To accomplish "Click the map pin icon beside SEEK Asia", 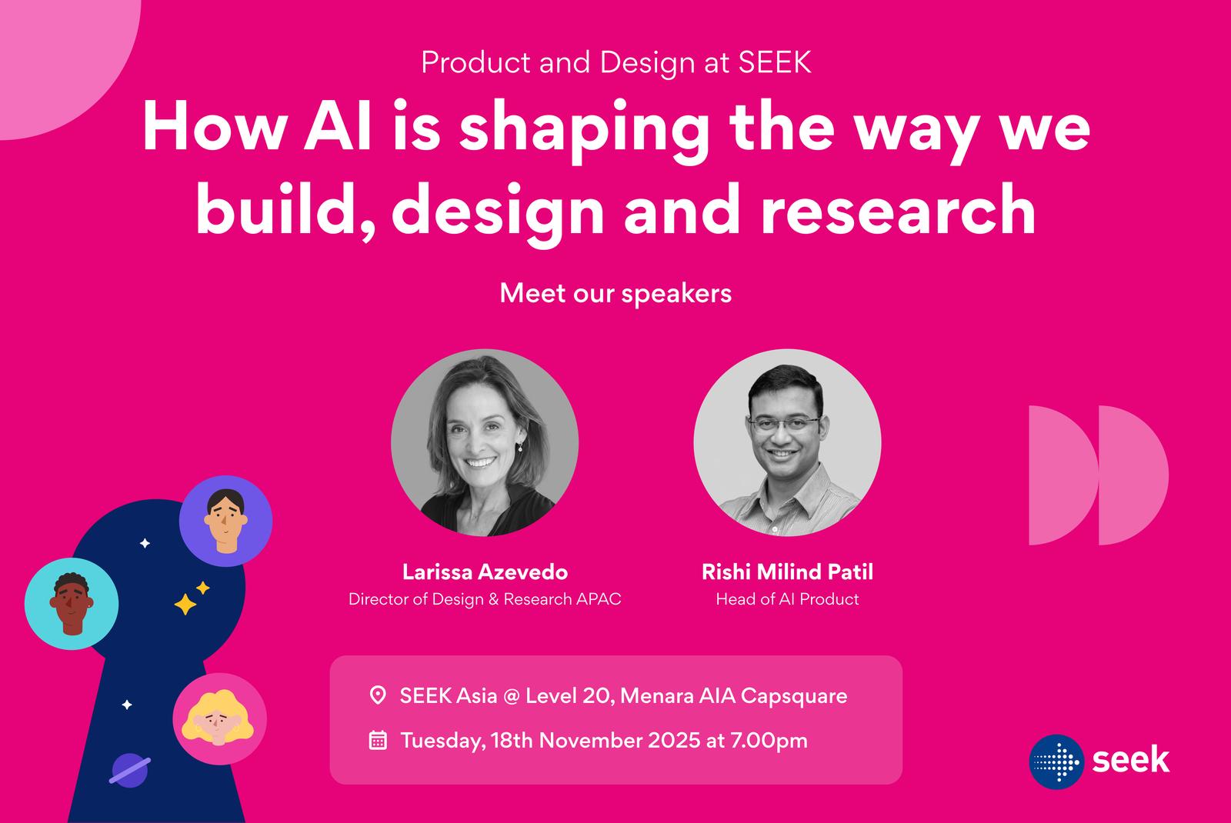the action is pos(378,695).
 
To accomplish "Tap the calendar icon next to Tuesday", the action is pos(378,740).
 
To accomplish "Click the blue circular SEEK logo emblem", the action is pos(1056,762).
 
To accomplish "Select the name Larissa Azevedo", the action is pos(485,572).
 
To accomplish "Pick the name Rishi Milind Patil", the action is pos(787,572).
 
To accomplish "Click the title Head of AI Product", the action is pos(787,599).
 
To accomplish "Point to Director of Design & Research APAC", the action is pos(485,599).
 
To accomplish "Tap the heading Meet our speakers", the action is pos(615,293).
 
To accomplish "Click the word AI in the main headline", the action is pos(337,126).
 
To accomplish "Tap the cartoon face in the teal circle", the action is pos(71,604).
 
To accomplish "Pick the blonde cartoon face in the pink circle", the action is pos(218,717).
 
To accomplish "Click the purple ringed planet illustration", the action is pos(130,770).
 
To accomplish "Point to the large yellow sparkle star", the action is pos(185,604).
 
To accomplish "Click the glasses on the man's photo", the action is pos(784,425).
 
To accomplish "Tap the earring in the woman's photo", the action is pos(520,448).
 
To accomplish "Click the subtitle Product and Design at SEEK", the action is pos(616,62).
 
